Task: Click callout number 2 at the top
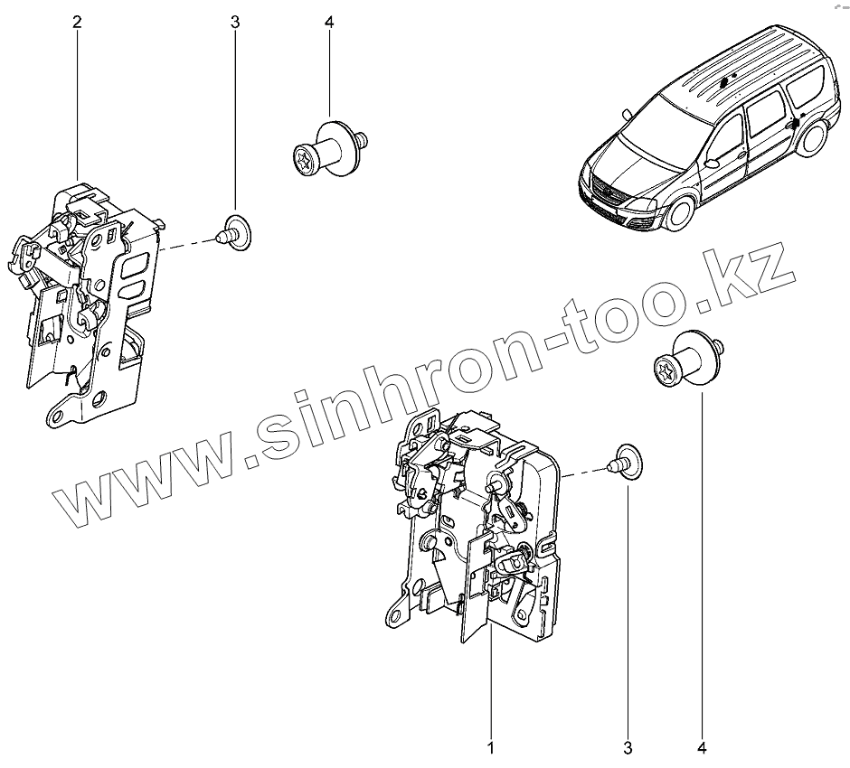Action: tap(77, 22)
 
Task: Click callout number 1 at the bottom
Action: tap(491, 747)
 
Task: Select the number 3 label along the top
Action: tap(235, 22)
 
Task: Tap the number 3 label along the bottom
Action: tap(628, 747)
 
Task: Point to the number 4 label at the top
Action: tap(328, 22)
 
